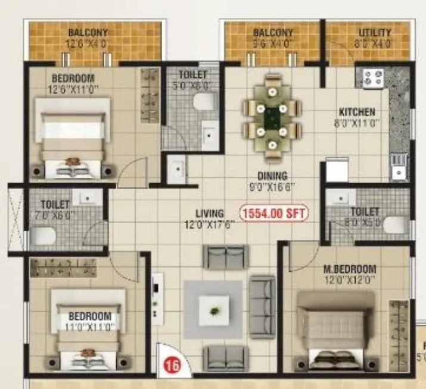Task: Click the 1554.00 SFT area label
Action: [x=273, y=212]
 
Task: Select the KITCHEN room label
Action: [x=357, y=112]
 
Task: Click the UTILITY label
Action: [x=375, y=32]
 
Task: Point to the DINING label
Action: [x=273, y=176]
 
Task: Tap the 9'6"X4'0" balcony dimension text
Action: [x=273, y=43]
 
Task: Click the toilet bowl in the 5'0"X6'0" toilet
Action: [x=206, y=101]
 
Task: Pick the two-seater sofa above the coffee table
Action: [x=225, y=257]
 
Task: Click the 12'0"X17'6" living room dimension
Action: [x=209, y=224]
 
